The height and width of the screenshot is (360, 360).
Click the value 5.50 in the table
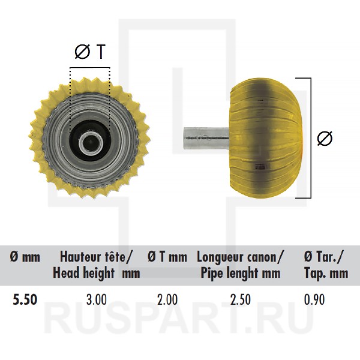point(25,299)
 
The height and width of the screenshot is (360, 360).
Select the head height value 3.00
point(96,299)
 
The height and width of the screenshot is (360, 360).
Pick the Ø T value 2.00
point(167,299)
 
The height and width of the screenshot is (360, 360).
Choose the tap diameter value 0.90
point(314,299)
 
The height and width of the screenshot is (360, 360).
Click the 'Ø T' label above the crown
point(90,53)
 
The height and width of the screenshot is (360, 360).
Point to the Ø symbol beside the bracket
point(323,137)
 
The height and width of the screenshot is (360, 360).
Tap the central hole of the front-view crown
point(90,143)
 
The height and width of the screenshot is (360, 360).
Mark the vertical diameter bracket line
point(310,137)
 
